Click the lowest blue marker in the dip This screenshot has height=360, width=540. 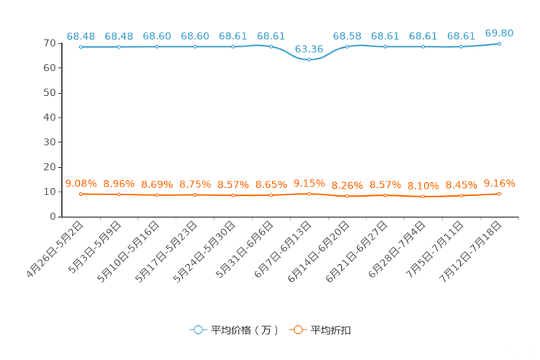tap(308, 60)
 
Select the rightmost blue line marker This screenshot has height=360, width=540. tap(499, 44)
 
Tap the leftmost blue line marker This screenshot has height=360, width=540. tap(81, 47)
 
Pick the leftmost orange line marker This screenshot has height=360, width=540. tap(81, 194)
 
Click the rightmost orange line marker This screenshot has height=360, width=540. tap(499, 194)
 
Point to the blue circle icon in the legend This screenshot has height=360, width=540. tap(197, 330)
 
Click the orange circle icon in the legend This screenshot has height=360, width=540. tap(297, 330)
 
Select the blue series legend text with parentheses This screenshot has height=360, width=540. tap(245, 330)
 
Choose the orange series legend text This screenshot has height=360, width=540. tap(332, 330)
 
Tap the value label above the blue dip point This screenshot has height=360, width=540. tap(308, 49)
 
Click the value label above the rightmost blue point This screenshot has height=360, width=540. tap(499, 33)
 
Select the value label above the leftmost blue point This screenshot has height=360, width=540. tap(81, 36)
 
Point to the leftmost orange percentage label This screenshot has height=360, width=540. tap(81, 184)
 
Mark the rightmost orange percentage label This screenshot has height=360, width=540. tap(499, 184)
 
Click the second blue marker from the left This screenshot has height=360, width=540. tap(119, 47)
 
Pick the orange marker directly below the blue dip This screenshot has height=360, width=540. tap(308, 195)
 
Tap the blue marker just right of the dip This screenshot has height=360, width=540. tap(347, 47)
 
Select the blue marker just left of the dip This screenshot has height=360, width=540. tap(271, 47)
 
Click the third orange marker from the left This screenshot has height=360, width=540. tap(157, 195)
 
